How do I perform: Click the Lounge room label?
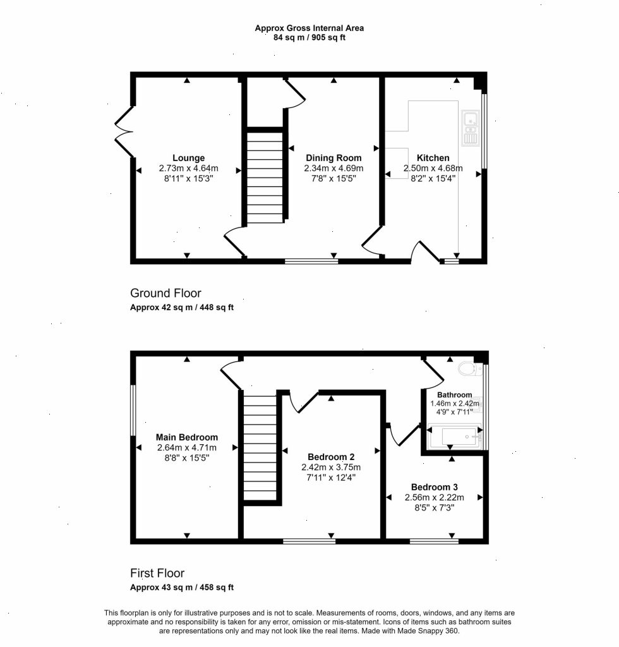click(188, 158)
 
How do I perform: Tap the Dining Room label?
click(334, 158)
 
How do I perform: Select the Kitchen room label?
click(433, 158)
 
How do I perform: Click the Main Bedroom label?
click(187, 437)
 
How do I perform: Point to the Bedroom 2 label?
click(331, 457)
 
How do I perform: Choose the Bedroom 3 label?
click(434, 487)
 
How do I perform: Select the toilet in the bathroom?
click(469, 369)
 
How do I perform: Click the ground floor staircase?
click(265, 177)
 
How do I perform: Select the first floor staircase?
click(260, 447)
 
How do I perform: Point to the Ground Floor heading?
click(165, 293)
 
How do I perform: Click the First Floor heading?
click(157, 574)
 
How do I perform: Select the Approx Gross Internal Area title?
click(309, 28)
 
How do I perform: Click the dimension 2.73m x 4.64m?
click(188, 169)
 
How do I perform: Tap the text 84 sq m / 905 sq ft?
click(309, 37)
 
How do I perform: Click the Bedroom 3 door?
click(403, 436)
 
